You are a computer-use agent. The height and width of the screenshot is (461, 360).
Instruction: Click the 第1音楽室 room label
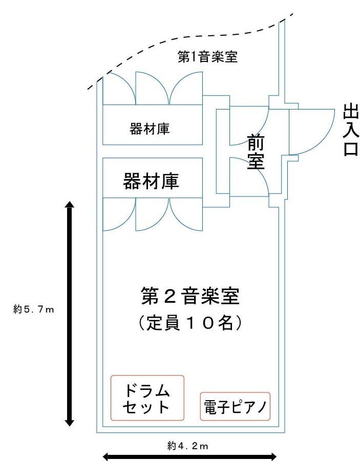[207, 57]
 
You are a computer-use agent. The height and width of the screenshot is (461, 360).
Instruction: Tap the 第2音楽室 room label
[190, 297]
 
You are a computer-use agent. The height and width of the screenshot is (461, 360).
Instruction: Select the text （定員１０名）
[190, 323]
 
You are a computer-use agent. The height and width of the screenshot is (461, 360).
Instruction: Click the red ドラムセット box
[147, 398]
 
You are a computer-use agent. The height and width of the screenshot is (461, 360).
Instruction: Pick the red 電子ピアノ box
[235, 407]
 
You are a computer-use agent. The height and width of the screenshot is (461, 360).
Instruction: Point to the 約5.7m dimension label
[34, 309]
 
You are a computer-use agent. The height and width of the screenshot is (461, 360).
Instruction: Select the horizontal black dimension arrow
[190, 455]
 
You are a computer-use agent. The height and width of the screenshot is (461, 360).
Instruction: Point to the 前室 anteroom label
[255, 152]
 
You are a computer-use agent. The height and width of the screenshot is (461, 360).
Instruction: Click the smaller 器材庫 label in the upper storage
[150, 129]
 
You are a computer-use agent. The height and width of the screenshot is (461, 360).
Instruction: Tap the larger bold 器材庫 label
[151, 182]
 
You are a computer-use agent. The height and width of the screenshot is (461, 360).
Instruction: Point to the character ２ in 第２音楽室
[175, 297]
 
